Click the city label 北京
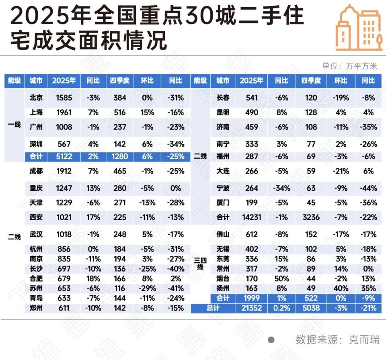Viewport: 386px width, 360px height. pyautogui.click(x=36, y=98)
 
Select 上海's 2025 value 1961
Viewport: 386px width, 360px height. pyautogui.click(x=64, y=112)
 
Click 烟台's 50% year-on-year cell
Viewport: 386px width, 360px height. pyautogui.click(x=281, y=278)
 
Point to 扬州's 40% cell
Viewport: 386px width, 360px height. pyautogui.click(x=340, y=288)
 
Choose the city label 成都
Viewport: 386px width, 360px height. pyautogui.click(x=36, y=171)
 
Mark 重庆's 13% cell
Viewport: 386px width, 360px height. pyautogui.click(x=93, y=188)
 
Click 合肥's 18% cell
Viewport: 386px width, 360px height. pyautogui.click(x=93, y=278)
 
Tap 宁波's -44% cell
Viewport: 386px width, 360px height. pyautogui.click(x=368, y=188)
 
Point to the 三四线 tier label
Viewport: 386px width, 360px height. pyautogui.click(x=200, y=263)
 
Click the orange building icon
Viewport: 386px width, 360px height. pyautogui.click(x=359, y=28)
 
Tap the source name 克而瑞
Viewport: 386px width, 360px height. pyautogui.click(x=364, y=340)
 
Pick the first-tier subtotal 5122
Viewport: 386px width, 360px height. pyautogui.click(x=64, y=156)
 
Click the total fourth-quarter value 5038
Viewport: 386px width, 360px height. pyautogui.click(x=311, y=308)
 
